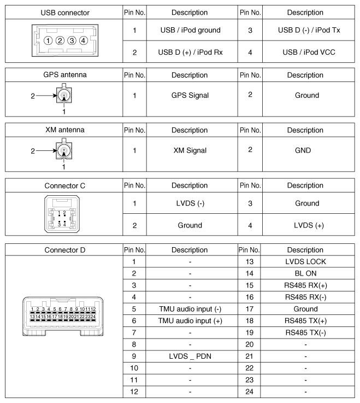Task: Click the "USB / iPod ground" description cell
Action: click(192, 30)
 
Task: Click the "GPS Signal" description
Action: click(192, 95)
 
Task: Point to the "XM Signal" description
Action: click(192, 150)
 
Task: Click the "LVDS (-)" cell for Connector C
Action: click(192, 203)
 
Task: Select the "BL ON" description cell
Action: click(306, 273)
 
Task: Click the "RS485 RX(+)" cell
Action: click(306, 285)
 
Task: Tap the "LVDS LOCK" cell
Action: click(306, 262)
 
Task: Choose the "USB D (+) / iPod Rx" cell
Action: click(192, 52)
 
